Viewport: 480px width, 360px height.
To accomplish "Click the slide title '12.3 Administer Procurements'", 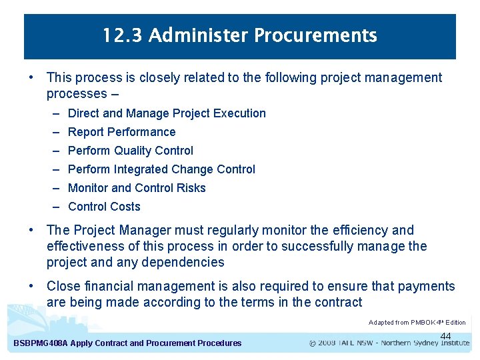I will coord(240,35).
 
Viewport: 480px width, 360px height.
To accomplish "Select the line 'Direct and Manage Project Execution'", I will coord(167,113).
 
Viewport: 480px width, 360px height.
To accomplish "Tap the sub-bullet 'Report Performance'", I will coord(122,132).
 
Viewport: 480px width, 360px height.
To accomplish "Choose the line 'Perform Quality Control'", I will coord(131,151).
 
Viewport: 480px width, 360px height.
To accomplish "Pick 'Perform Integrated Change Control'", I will coord(161,169).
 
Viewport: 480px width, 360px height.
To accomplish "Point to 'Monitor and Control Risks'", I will coord(137,188).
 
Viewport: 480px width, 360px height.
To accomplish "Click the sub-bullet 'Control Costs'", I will coord(104,207).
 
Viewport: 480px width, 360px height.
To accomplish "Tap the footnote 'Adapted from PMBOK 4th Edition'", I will coord(417,322).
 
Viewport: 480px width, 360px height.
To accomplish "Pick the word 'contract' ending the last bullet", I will coord(337,302).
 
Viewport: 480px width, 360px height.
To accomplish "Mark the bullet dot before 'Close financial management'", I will coord(31,286).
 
